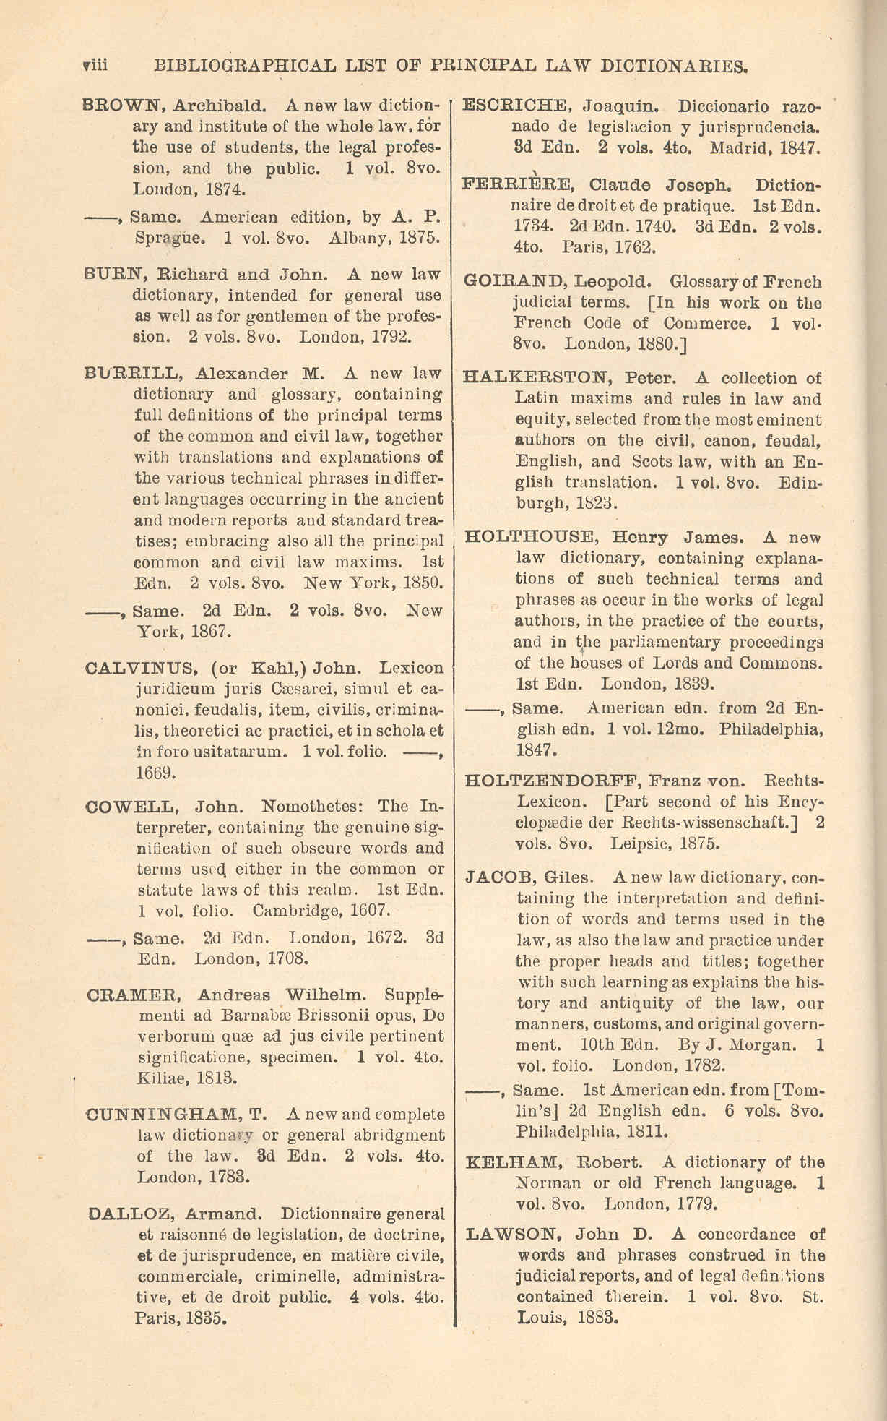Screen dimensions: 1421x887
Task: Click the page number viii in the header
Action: (95, 66)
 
